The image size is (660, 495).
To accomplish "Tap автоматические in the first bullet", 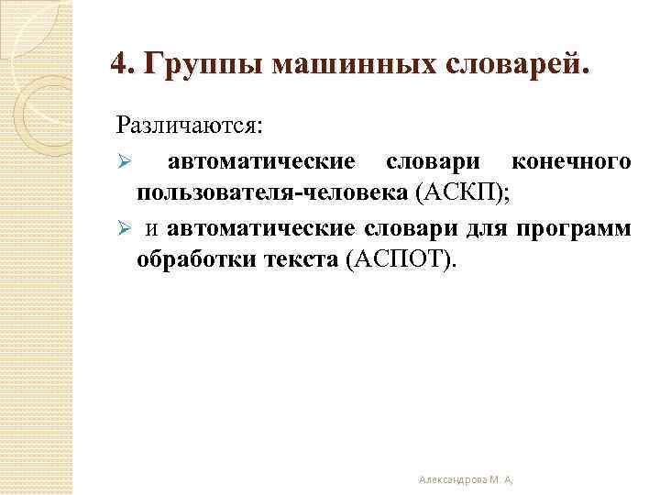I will pos(261,162).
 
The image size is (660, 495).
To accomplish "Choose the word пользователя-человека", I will pos(272,193).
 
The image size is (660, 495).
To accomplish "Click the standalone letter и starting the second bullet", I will pos(156,227).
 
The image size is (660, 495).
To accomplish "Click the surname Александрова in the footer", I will pos(453,478).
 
